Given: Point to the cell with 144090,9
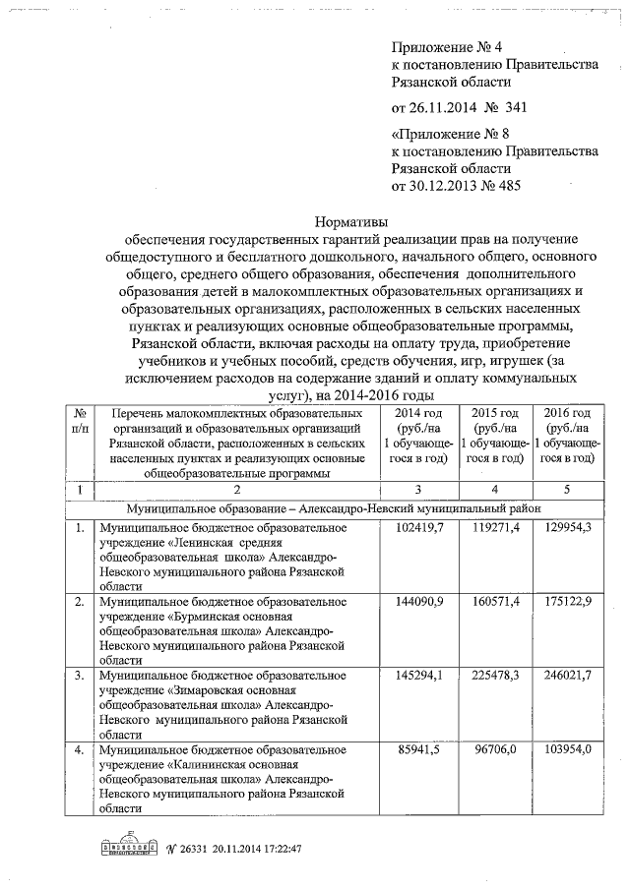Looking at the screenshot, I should click(421, 600).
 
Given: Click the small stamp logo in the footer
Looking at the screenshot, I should click(128, 848).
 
